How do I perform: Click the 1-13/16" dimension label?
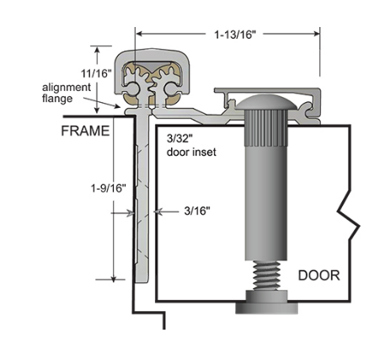(228, 35)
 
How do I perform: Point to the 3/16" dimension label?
(194, 212)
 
